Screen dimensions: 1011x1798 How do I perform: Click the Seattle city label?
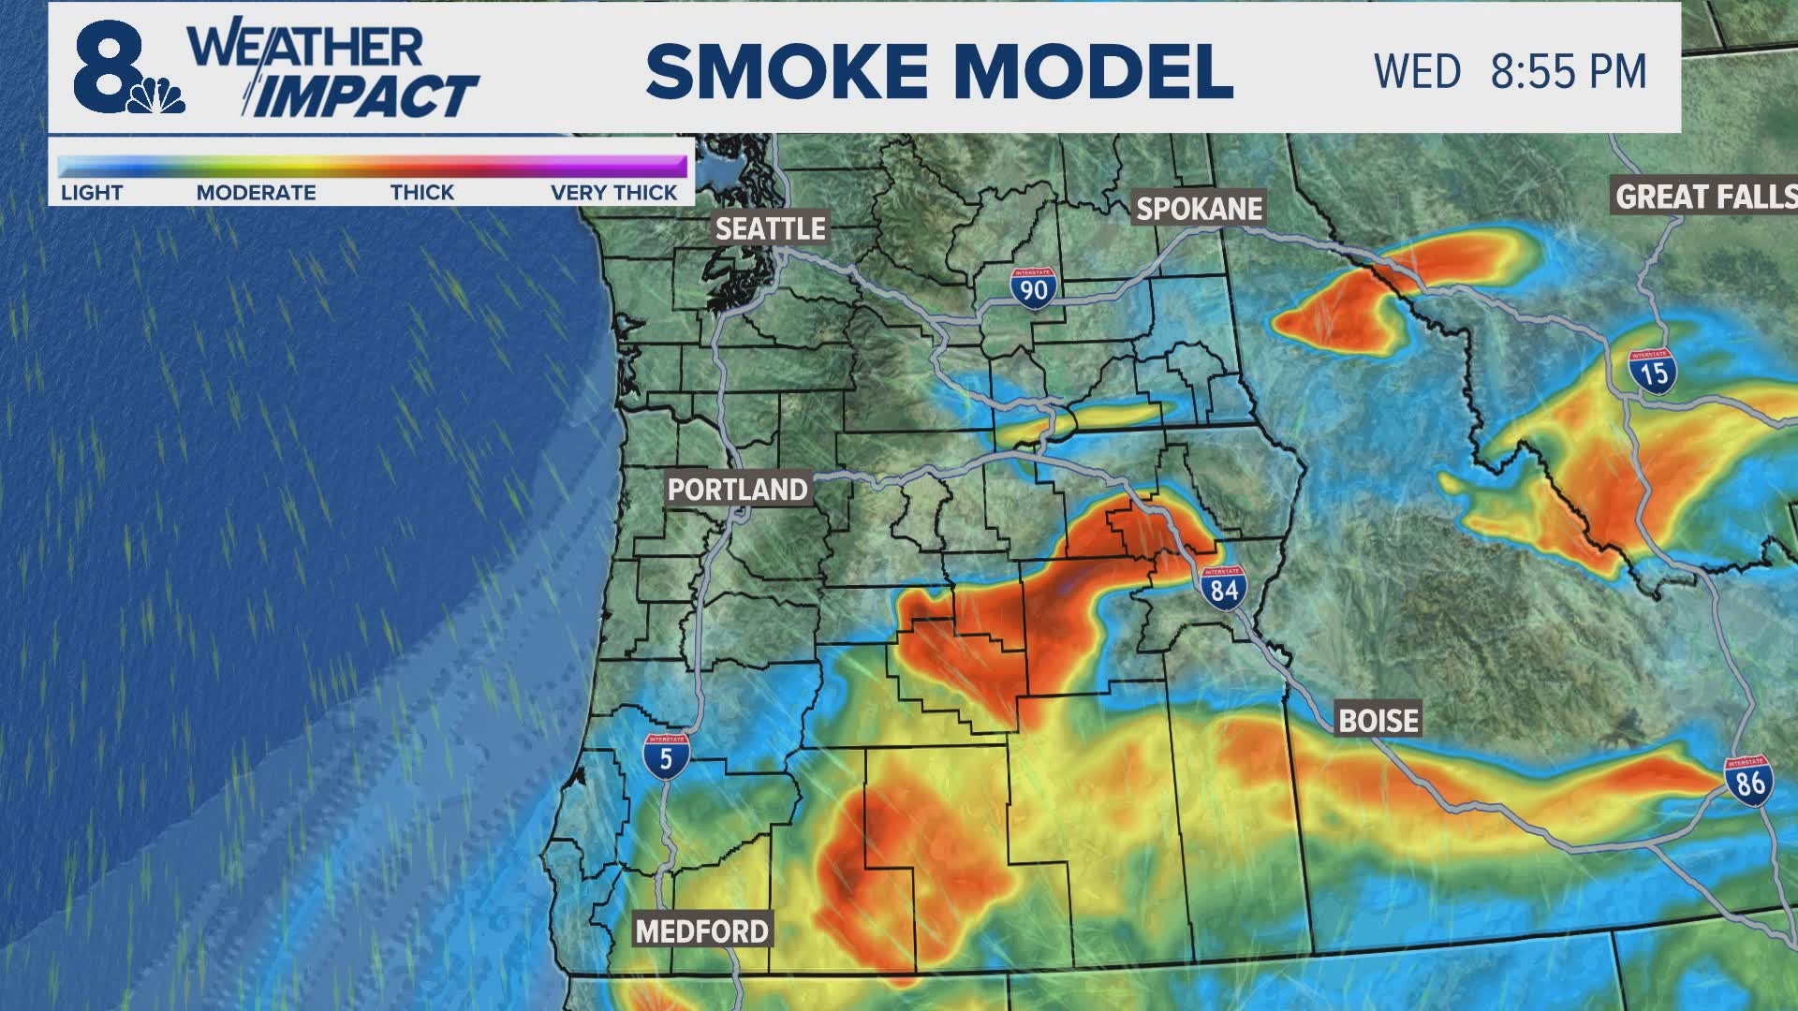point(771,227)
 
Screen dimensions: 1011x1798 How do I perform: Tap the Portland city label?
point(737,489)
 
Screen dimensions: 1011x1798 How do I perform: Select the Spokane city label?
point(1200,208)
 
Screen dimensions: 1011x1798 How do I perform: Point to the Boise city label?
point(1378,720)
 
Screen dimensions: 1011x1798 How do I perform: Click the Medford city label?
point(702,930)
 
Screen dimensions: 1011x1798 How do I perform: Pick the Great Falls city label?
point(1704,197)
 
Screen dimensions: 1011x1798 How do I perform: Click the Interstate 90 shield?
point(1033,286)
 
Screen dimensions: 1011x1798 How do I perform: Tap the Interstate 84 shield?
point(1223,587)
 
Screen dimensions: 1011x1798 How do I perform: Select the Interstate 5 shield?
point(666,755)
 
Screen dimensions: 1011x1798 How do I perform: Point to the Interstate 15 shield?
point(1653,371)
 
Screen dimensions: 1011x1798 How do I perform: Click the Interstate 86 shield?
point(1749,779)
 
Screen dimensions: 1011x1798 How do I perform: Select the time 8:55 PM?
point(1568,72)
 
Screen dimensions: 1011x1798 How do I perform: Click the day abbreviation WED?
point(1417,72)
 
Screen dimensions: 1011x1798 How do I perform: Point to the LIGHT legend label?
point(92,193)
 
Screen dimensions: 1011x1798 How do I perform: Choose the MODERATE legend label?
point(256,193)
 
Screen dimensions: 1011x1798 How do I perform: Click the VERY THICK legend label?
point(613,193)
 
